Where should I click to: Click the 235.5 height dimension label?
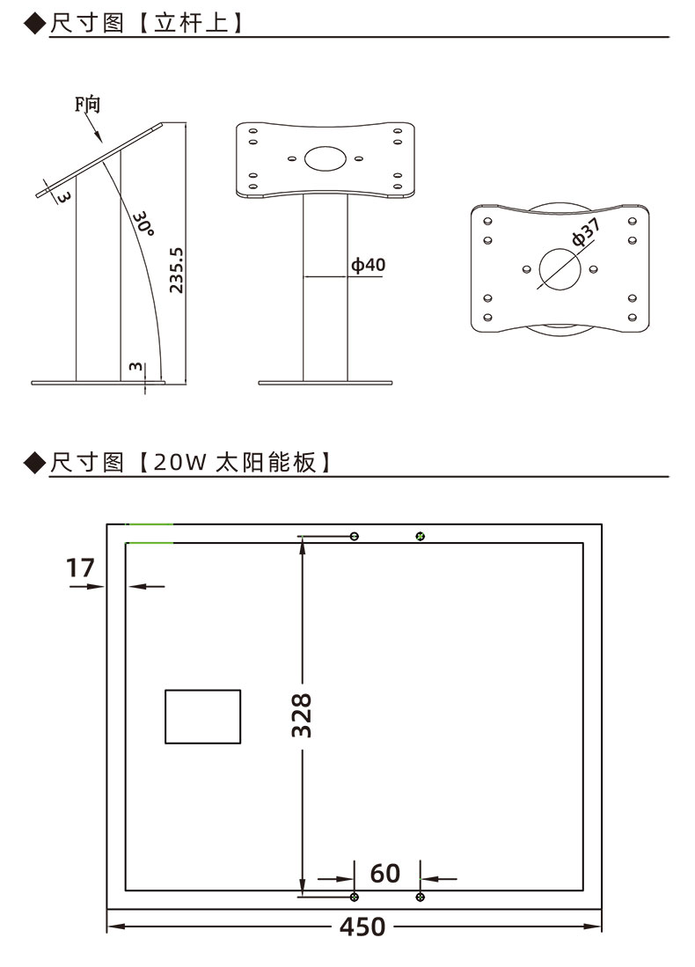coord(176,271)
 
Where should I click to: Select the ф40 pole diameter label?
coord(369,265)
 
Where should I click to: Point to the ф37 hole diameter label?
coord(586,232)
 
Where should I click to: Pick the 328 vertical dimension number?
coord(303,715)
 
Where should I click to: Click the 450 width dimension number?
coord(362,927)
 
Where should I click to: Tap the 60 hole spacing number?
coord(385,873)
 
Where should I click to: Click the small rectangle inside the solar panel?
coord(202,716)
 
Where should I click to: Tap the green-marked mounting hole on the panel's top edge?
coord(421,536)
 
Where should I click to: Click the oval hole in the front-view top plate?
coord(325,159)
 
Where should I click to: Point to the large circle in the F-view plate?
coord(560,268)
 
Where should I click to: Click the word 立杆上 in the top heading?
coord(198,23)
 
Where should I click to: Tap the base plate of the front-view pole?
coord(325,383)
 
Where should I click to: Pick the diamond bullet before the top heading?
coord(33,23)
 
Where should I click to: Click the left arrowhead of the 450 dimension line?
coord(113,927)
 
